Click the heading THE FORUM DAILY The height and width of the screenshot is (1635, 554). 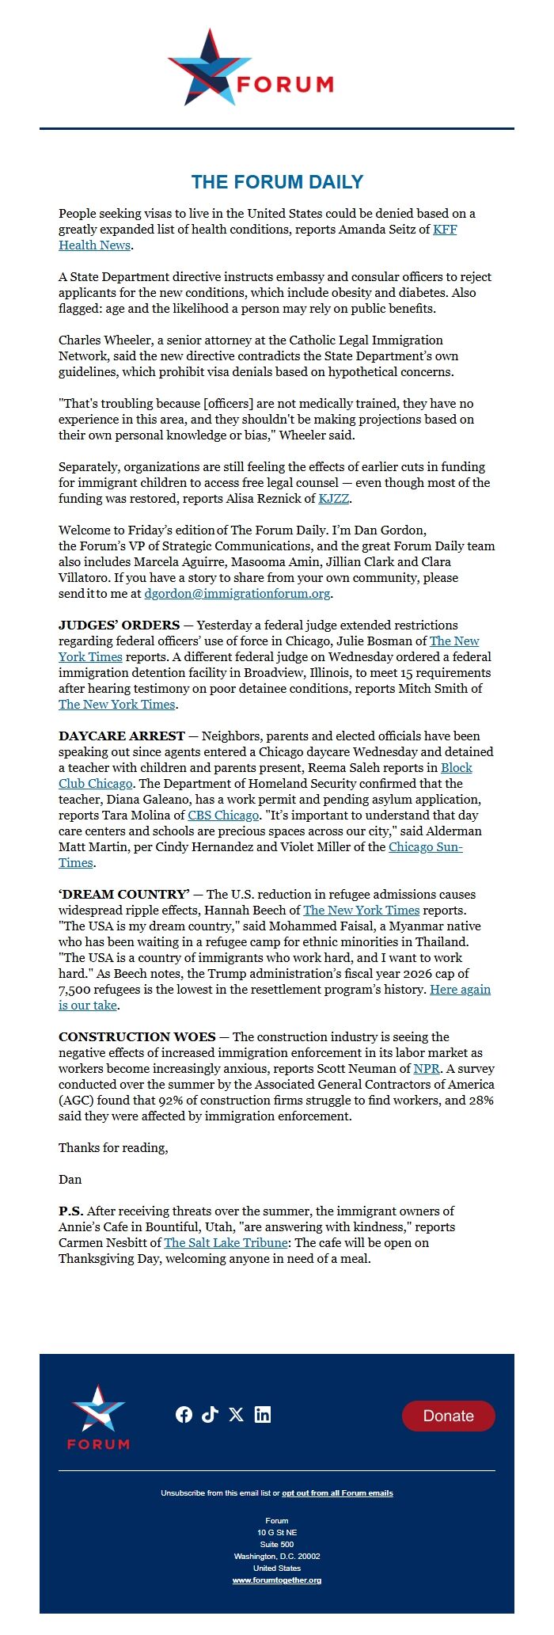point(277,182)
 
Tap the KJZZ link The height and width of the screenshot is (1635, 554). point(334,499)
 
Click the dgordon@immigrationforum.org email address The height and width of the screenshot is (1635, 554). point(237,594)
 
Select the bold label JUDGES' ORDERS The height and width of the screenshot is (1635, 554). point(119,625)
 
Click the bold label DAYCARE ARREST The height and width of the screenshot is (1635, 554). point(122,736)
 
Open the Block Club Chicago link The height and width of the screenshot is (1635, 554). point(456,768)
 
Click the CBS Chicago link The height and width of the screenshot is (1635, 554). point(223,816)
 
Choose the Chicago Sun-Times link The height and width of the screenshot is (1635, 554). point(425,847)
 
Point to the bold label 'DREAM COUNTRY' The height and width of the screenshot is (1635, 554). point(124,895)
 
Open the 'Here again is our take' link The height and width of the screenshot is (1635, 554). point(460,990)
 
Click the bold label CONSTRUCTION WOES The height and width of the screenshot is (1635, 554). point(137,1037)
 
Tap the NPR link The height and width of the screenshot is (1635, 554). point(427,1069)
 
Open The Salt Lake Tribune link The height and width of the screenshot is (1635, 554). point(226,1243)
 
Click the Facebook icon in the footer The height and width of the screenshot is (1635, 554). point(184,1415)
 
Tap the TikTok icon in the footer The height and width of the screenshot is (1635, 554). point(210,1415)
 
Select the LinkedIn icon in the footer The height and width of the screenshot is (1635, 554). point(263,1415)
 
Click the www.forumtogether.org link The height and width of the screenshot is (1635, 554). point(277,1580)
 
